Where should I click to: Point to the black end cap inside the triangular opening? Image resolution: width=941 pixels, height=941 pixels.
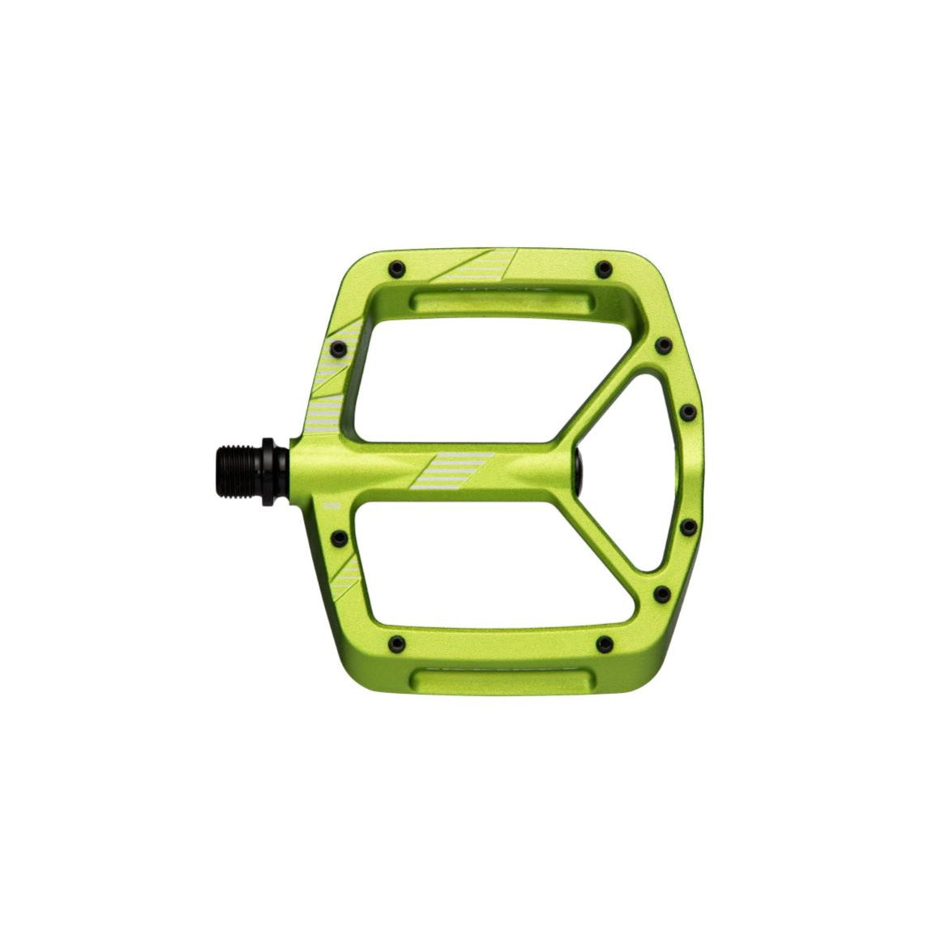coord(580,470)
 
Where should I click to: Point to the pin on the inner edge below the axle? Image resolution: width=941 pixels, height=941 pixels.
coord(339,537)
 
